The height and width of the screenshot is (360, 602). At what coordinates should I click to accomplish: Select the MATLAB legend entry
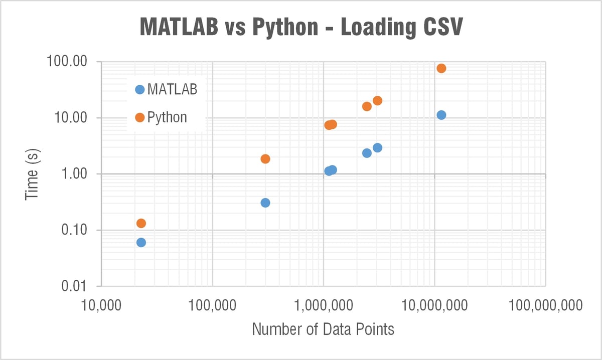click(x=166, y=90)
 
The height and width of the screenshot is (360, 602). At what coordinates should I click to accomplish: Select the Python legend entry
click(x=161, y=117)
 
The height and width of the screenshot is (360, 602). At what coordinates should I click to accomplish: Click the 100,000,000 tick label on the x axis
click(x=545, y=304)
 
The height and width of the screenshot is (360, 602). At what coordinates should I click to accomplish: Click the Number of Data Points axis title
click(x=323, y=329)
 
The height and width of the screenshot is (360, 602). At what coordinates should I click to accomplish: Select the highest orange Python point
click(x=441, y=68)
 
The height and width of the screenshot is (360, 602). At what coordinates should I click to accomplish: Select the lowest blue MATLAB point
click(x=141, y=242)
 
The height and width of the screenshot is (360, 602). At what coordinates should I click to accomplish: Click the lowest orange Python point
click(x=141, y=223)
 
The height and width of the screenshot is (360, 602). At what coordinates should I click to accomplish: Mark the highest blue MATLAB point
click(x=441, y=115)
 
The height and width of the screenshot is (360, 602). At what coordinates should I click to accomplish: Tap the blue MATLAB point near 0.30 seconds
click(x=265, y=203)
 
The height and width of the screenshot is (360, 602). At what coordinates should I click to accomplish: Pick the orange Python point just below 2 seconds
click(x=265, y=159)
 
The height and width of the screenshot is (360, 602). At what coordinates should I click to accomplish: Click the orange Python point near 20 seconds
click(x=377, y=101)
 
